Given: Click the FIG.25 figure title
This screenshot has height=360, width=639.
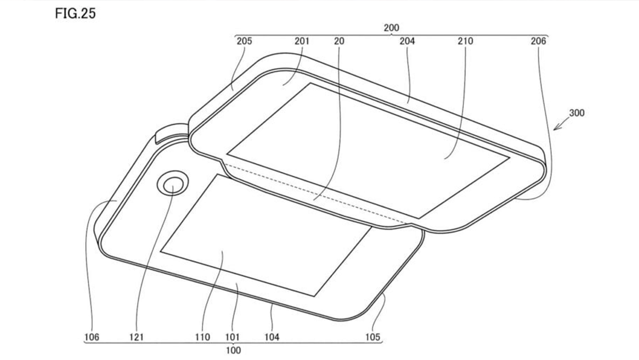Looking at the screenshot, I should pos(75,14).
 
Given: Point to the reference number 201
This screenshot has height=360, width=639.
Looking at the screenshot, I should pos(301,41).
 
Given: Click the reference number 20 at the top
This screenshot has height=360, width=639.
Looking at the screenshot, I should pos(339,41).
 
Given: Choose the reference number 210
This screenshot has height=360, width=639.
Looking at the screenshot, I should pos(465,41).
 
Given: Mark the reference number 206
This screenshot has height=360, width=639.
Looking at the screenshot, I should pos(538,41).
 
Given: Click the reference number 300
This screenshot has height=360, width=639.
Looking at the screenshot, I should pos(577,114).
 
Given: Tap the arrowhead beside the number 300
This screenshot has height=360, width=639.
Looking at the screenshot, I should pos(555,129).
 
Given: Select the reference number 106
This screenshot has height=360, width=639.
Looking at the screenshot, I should pos(92,337).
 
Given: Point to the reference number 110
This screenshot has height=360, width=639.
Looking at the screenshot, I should pos(203,337).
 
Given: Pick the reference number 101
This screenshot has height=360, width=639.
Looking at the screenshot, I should pos(233,337).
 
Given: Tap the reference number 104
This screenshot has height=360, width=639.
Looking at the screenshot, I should pos(272,337).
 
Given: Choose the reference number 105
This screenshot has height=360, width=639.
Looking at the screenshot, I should pos(373,337).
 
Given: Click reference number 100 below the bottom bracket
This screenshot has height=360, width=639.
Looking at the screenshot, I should pos(233,350).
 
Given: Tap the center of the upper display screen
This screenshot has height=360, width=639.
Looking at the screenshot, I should pos(367,150).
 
